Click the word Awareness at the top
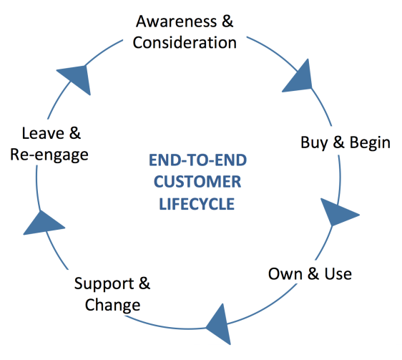tap(177, 21)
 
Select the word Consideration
tap(185, 42)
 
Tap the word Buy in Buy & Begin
tap(314, 142)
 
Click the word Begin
tap(370, 142)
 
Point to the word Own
tap(285, 274)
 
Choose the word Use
tap(338, 274)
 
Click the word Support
tap(104, 284)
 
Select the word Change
tap(112, 306)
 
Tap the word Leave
tap(43, 133)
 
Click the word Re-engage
tap(49, 155)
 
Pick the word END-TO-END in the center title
tap(197, 160)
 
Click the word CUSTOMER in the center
tap(197, 182)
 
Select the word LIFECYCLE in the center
tap(197, 204)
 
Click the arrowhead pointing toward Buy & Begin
tap(300, 78)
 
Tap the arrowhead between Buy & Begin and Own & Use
tap(337, 212)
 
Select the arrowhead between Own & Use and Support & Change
tap(221, 325)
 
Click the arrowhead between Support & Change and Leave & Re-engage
tap(42, 224)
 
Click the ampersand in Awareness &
tap(227, 21)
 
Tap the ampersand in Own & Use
tap(313, 274)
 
